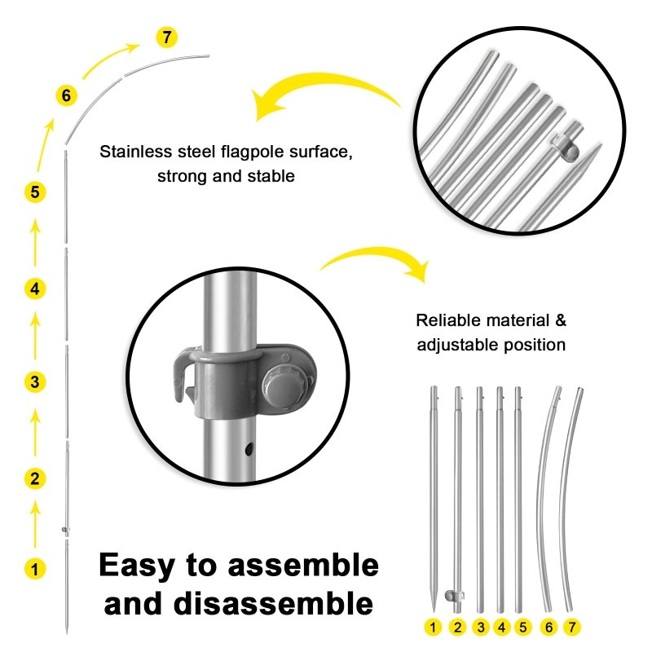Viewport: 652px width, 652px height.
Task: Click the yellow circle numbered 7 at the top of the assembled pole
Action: [166, 37]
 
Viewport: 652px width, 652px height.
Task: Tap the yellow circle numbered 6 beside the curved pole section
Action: [67, 96]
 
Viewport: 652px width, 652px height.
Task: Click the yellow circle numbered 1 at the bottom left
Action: [34, 568]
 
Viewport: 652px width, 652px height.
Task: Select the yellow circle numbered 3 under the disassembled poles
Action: [481, 628]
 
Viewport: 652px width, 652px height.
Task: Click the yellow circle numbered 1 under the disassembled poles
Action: [434, 628]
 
